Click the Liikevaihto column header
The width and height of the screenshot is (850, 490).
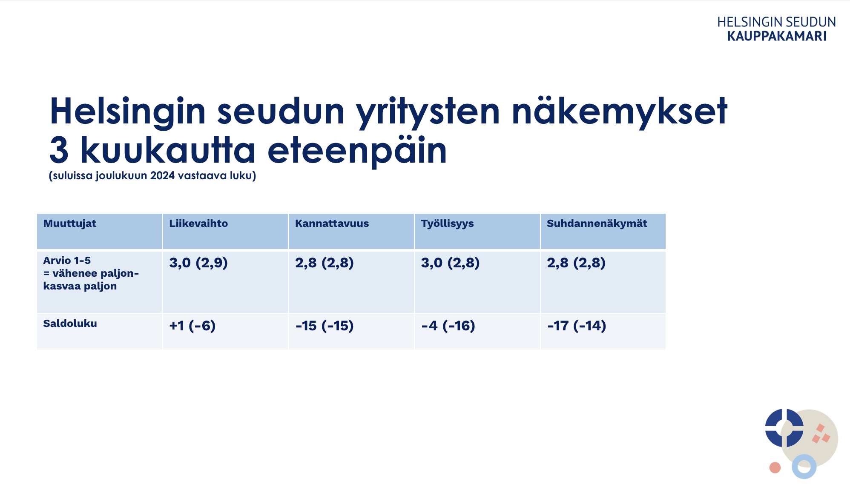click(198, 224)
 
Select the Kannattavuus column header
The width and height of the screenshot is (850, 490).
click(332, 224)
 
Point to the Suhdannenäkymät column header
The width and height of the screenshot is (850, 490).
click(597, 224)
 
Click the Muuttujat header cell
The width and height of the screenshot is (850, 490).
click(70, 224)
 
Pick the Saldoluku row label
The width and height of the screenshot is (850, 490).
click(70, 324)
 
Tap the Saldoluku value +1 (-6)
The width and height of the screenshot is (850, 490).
click(192, 326)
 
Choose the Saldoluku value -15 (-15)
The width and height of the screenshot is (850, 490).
click(324, 326)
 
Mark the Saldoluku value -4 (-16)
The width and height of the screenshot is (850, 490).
click(448, 326)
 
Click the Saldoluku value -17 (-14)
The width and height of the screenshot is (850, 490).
click(577, 326)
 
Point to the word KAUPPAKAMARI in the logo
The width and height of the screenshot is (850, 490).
click(777, 36)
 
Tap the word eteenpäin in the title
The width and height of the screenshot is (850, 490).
click(357, 150)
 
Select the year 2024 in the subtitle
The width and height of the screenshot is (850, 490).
click(162, 176)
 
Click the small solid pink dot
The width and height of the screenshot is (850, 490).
click(775, 468)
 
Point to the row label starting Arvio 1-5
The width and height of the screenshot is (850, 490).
click(91, 273)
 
